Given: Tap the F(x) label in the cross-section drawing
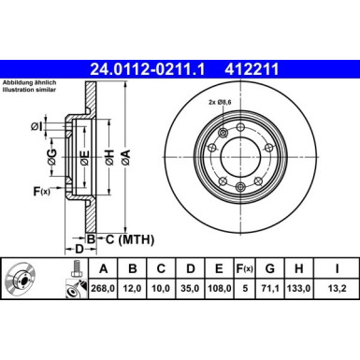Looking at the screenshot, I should point(41,192).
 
